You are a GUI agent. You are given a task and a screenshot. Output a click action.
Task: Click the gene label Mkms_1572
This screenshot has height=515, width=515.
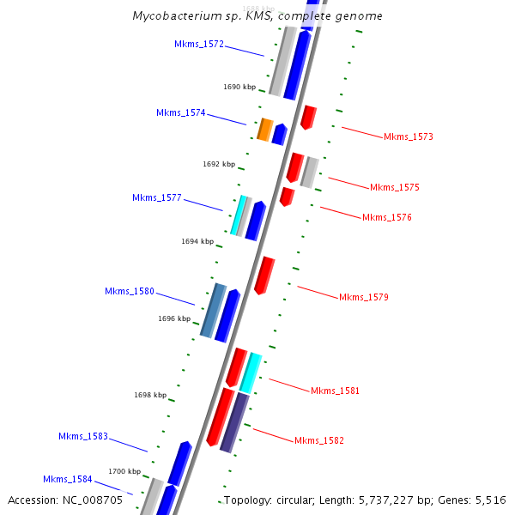[x=199, y=44]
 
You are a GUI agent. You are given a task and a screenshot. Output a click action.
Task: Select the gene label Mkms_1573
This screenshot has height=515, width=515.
[x=409, y=136]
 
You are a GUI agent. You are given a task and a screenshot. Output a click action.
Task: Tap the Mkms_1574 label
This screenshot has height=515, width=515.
[x=181, y=112]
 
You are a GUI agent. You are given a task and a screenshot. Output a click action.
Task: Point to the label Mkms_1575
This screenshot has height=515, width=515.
[x=395, y=187]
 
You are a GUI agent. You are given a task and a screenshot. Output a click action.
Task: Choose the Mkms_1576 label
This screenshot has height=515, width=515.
[x=387, y=217]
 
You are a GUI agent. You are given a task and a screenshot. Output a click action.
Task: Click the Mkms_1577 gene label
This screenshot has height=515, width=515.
[x=157, y=197]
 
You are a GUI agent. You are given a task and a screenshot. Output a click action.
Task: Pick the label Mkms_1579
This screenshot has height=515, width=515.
[x=364, y=297]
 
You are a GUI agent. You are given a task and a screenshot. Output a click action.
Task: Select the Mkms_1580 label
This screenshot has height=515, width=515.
[x=130, y=291]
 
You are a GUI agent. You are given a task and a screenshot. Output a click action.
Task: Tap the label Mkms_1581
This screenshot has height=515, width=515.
[x=336, y=391]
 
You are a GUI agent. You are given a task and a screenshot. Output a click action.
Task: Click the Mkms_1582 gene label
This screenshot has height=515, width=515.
[x=319, y=440]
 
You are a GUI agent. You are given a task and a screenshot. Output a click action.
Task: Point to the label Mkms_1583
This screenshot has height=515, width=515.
[x=83, y=436]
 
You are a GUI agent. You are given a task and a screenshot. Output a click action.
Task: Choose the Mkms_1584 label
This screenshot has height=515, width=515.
[x=68, y=479]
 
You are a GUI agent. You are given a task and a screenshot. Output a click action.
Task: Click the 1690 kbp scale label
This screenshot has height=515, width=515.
[x=239, y=87]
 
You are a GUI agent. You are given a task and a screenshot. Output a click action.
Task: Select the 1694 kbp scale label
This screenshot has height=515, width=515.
[x=197, y=241]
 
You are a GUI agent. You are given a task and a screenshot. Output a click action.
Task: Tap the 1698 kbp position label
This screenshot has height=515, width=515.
[x=150, y=395]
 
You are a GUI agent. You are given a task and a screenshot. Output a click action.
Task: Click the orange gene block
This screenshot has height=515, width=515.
[x=265, y=130]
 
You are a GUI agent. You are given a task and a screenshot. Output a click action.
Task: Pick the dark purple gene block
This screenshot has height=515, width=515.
[x=234, y=422]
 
